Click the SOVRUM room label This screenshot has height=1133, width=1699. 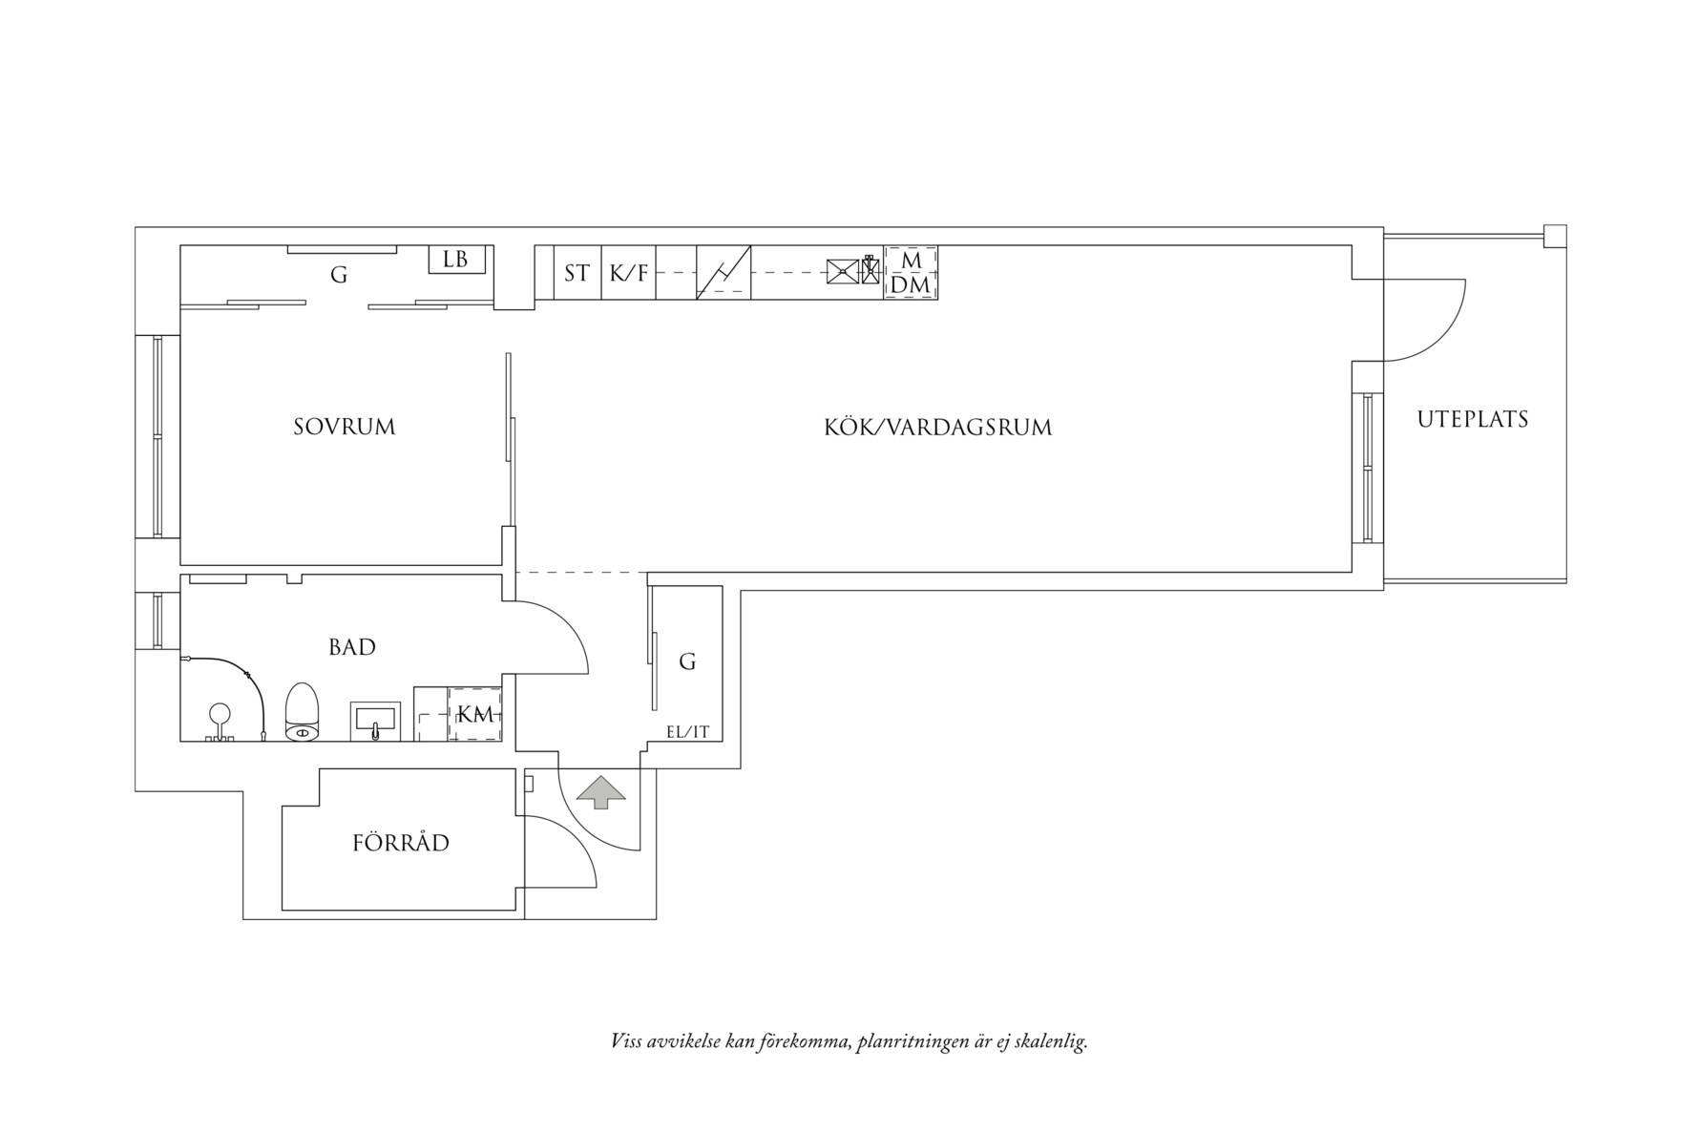pos(344,427)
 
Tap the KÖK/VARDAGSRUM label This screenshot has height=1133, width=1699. pos(937,427)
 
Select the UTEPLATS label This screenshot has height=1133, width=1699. pos(1472,419)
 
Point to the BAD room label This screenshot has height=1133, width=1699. pos(352,647)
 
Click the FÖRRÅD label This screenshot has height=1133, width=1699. pos(401,844)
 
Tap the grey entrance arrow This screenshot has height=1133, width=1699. pos(600,792)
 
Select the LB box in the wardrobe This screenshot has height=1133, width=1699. pos(456,260)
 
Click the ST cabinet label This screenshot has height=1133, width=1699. pos(577,274)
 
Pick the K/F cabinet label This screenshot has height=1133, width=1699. pos(629,274)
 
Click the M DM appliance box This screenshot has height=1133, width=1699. pos(911,273)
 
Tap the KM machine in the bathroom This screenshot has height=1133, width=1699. pos(475,714)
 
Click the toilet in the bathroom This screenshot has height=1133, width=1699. pos(302,712)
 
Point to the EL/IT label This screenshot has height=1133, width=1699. pos(687,732)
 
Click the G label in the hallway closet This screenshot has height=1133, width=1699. pos(687,661)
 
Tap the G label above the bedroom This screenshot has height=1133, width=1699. pos(339,276)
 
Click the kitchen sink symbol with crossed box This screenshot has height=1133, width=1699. pos(842,273)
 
